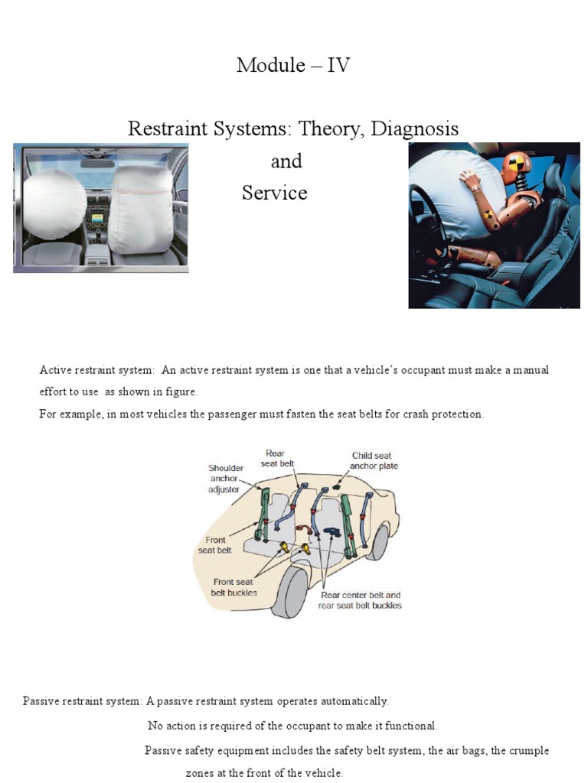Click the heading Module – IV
point(293,65)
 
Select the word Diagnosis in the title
point(414,128)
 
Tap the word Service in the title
point(274,193)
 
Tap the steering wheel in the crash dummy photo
point(437,229)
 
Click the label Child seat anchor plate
point(374,460)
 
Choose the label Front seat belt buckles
point(234,587)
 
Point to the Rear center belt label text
point(359,595)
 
